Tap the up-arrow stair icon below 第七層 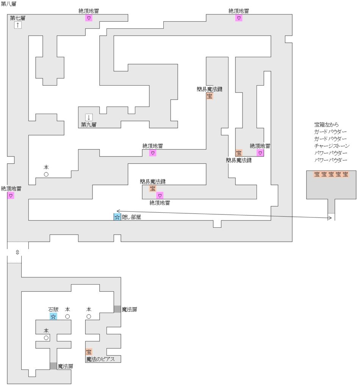coord(18,25)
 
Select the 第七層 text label coord(18,18)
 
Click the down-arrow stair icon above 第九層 coord(89,117)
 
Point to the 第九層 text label coord(89,124)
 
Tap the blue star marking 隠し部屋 coord(117,217)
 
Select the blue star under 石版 coord(53,316)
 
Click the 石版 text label coord(53,309)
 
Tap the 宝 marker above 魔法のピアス coord(89,352)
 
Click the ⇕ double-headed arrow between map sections coord(17,252)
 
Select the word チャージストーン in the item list coord(332,146)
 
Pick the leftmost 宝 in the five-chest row coord(317,174)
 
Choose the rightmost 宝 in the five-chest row coord(346,174)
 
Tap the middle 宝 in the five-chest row coord(331,174)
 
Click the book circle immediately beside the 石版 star coord(67,316)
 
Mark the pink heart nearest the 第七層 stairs coord(89,18)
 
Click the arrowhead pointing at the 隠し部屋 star coord(118,211)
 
